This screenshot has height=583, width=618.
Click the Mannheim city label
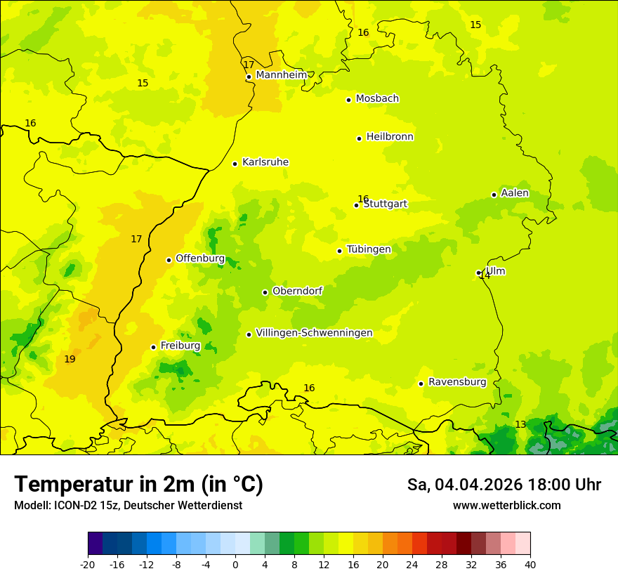[281, 75]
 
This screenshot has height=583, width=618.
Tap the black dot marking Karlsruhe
[235, 164]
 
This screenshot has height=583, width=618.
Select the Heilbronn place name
[390, 137]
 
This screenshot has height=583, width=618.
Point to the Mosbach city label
[377, 99]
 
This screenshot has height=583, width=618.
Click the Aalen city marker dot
[494, 195]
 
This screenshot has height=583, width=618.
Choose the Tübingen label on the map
[369, 249]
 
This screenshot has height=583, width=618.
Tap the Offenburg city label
[200, 258]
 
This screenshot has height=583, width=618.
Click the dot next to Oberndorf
[265, 292]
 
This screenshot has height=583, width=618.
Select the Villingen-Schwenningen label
[314, 333]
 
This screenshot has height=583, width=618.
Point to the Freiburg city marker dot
[153, 347]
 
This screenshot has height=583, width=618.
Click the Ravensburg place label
[457, 382]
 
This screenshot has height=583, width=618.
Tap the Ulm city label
[496, 271]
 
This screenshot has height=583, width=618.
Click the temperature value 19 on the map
[70, 360]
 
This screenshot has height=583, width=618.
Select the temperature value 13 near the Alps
[520, 425]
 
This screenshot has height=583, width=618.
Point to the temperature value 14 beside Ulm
[485, 276]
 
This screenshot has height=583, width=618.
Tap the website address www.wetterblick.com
[506, 506]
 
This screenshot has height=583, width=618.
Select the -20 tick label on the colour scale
[88, 565]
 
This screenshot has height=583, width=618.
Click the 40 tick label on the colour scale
[530, 565]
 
